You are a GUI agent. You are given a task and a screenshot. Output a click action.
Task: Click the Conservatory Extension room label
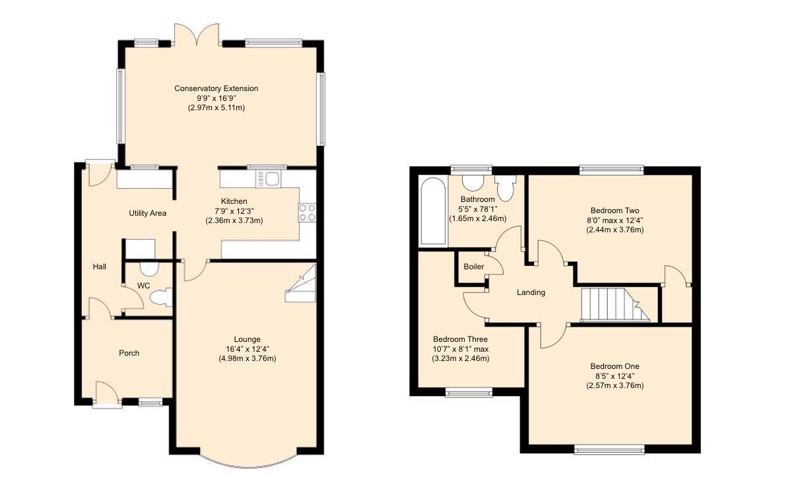tap(216, 88)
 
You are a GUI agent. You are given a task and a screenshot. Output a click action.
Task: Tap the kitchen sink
tap(269, 178)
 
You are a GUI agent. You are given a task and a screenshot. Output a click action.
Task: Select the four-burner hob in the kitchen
tap(307, 212)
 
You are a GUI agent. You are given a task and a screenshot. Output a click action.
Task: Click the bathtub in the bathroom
tap(433, 212)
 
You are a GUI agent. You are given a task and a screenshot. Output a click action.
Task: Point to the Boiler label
tap(473, 267)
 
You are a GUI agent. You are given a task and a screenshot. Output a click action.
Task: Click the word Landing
tap(531, 292)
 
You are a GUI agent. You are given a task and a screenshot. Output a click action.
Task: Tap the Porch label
tap(129, 353)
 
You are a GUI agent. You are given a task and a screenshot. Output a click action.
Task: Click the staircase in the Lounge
tap(301, 284)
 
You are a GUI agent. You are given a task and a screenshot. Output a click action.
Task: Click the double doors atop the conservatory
tap(197, 35)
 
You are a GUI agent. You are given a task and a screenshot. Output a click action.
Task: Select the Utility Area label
tap(148, 213)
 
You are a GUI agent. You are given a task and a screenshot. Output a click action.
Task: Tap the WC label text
tap(143, 286)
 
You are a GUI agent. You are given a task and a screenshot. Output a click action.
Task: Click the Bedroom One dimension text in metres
tap(614, 385)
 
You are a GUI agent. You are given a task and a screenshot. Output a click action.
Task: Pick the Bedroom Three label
tap(460, 339)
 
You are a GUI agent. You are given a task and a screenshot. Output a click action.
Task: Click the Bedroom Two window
tap(610, 170)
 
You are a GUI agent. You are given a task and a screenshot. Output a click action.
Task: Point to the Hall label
tap(99, 267)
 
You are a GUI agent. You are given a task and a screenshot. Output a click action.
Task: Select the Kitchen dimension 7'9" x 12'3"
tap(234, 211)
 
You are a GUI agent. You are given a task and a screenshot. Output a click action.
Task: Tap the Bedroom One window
tap(609, 450)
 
